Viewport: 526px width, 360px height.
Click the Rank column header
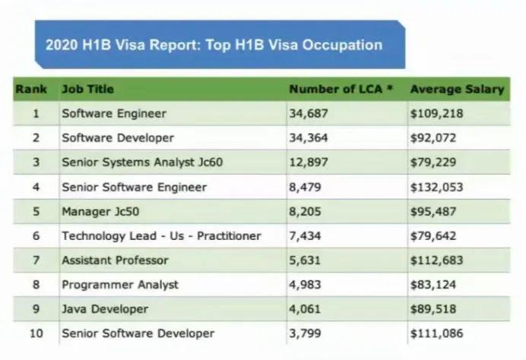30,89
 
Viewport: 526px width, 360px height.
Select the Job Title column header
87,89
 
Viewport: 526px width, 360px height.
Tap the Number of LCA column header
341,89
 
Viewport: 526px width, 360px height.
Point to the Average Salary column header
457,89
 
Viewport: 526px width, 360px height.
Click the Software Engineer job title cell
113,114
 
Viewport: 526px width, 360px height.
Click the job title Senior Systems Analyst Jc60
142,163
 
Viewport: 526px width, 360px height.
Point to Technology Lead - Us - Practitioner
161,235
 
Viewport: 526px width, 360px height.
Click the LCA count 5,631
306,260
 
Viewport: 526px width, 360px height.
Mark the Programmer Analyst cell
120,284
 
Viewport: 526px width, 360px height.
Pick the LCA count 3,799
306,333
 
